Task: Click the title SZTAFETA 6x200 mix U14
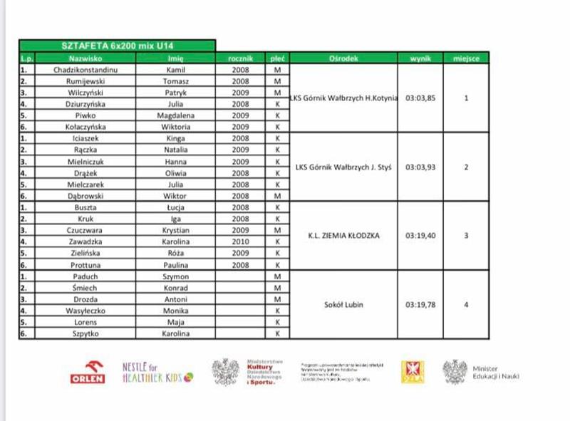click(117, 45)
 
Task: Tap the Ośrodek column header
click(344, 58)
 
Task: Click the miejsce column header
click(466, 58)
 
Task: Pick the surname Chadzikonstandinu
click(85, 70)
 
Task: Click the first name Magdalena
click(176, 115)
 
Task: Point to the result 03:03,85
click(420, 98)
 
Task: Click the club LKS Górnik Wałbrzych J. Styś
click(343, 167)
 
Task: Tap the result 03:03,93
click(420, 167)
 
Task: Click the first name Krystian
click(176, 230)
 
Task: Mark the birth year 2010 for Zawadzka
click(241, 241)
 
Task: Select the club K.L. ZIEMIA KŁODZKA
click(343, 236)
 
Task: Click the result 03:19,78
click(420, 305)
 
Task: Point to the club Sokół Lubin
click(343, 305)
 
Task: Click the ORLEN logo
click(88, 373)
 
